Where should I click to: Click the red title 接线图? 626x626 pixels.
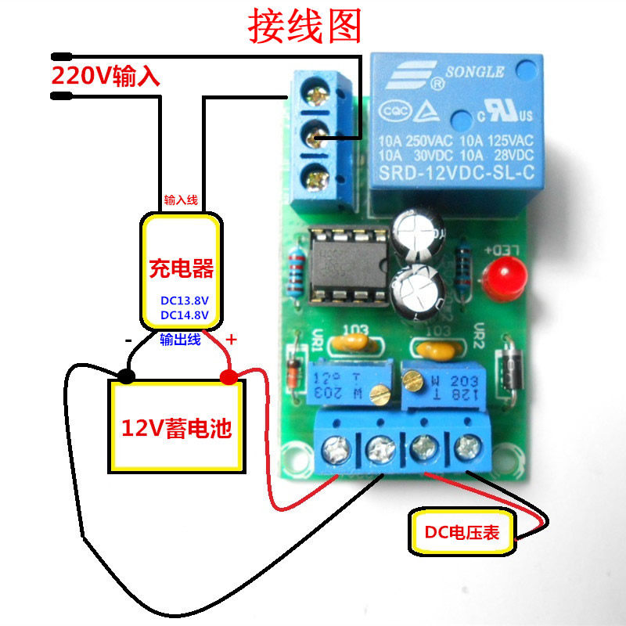[x=305, y=27]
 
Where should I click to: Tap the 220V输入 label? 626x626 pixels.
[x=106, y=77]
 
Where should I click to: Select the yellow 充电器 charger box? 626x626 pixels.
[x=181, y=271]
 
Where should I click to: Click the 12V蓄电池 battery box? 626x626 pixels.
[x=177, y=426]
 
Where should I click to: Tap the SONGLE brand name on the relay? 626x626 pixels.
[x=474, y=73]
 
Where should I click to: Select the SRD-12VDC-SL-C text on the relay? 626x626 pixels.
[x=455, y=176]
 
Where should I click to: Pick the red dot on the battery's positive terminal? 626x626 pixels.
[x=228, y=378]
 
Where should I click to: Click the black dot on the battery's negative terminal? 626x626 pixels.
[x=125, y=377]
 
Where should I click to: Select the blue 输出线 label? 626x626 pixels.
[x=180, y=340]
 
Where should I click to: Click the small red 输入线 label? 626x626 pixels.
[x=181, y=201]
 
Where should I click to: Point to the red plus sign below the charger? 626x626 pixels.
[x=232, y=340]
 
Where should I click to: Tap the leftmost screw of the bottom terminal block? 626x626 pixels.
[x=338, y=449]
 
